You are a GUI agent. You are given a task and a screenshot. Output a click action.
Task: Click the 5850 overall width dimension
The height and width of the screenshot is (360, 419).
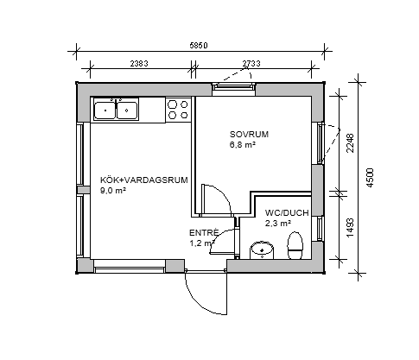[x=199, y=46]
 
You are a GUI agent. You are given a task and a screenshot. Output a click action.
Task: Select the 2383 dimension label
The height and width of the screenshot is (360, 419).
[x=139, y=63]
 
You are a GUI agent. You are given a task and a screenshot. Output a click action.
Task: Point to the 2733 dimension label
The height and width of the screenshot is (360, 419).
[x=251, y=63]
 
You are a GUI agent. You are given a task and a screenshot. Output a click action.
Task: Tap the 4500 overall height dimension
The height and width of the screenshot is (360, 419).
[x=370, y=178]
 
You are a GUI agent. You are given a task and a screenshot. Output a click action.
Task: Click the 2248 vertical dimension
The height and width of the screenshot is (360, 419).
[x=350, y=143]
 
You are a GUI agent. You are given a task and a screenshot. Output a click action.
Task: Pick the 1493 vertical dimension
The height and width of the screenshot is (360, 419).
[x=350, y=228]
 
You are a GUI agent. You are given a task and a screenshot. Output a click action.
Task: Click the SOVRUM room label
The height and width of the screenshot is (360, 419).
[x=249, y=135]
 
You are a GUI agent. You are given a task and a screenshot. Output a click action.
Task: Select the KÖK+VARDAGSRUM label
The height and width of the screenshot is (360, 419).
[x=144, y=180]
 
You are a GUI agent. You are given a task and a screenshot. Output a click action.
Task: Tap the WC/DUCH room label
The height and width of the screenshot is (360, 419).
[x=287, y=213]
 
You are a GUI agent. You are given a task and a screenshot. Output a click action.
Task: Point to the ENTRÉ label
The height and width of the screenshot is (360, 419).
[x=204, y=232]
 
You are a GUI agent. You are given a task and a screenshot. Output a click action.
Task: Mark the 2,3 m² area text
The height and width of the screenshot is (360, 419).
[x=278, y=223]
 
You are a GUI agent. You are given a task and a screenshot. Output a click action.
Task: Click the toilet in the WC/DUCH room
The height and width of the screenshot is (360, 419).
[x=295, y=245]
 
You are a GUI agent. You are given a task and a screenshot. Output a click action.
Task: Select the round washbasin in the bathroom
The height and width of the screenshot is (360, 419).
[x=262, y=250]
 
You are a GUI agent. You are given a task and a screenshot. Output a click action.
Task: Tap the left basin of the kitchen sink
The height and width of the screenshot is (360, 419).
[x=105, y=111]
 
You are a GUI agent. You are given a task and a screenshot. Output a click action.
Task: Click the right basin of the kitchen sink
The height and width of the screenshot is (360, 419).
[x=126, y=111]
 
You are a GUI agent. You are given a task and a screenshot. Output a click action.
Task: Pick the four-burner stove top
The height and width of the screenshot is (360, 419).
[x=178, y=110]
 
